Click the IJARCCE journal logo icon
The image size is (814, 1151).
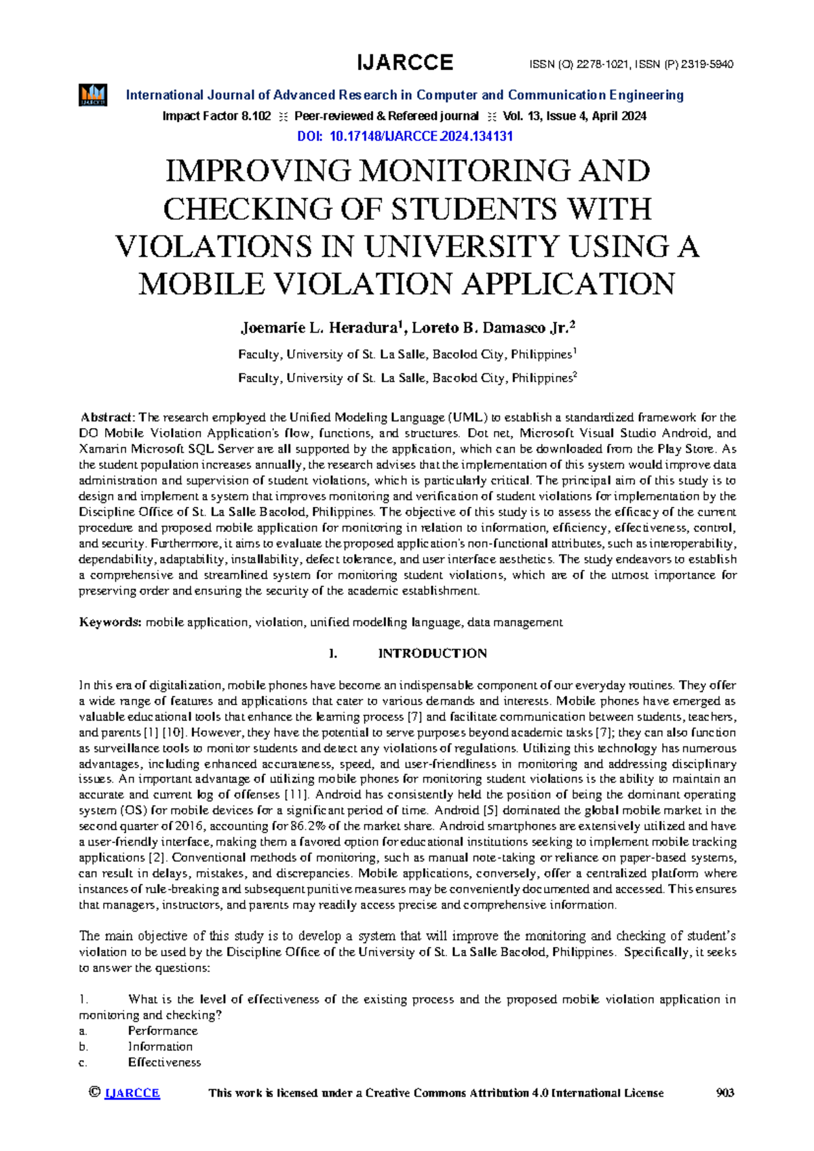(93, 95)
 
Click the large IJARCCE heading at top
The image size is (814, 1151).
(405, 63)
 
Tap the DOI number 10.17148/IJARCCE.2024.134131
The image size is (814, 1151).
(421, 136)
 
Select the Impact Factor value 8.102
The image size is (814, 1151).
(256, 116)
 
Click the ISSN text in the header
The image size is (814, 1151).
(631, 65)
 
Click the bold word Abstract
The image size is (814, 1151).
(108, 417)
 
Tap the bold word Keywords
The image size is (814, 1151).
(110, 622)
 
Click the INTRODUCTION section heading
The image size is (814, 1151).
(432, 654)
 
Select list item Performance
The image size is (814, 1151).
(163, 1031)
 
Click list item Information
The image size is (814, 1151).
(160, 1046)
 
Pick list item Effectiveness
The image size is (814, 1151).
(164, 1063)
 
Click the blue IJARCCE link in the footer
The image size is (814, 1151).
(132, 1093)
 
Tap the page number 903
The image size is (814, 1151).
(725, 1093)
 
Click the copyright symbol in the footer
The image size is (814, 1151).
(94, 1093)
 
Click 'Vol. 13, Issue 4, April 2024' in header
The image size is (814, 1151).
(575, 116)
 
